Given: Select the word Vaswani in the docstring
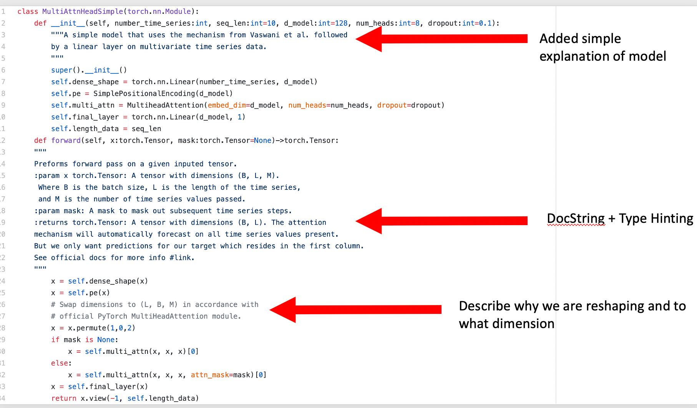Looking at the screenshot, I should pos(265,35).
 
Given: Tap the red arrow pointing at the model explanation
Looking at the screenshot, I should pos(442,39).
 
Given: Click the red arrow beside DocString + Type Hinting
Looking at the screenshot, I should pos(442,221).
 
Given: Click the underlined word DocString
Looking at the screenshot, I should pos(576,219).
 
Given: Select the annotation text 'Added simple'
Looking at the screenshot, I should pos(580,39).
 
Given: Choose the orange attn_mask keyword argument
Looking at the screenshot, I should pos(209,375).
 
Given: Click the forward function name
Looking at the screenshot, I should pos(66,141).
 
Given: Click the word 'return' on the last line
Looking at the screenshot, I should pos(63,398).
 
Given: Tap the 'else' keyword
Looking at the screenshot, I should pos(60,363).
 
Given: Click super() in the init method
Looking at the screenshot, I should pos(63,70).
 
